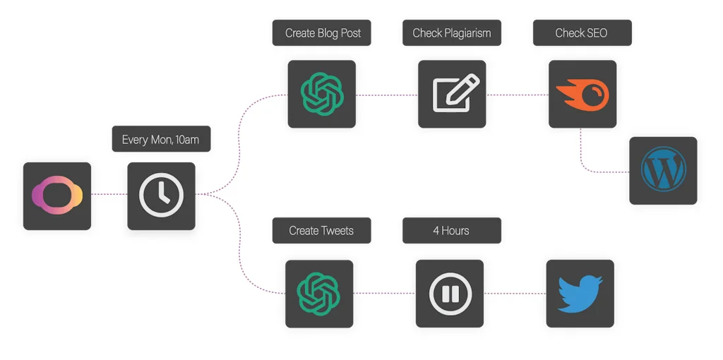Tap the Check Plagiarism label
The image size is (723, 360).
click(x=452, y=33)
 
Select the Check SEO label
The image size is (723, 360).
click(x=582, y=33)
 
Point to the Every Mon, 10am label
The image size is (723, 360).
click(x=161, y=139)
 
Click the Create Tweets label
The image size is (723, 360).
click(x=321, y=231)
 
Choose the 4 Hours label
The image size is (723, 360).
click(x=452, y=231)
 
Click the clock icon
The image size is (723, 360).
click(x=161, y=196)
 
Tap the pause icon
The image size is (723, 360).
click(x=450, y=294)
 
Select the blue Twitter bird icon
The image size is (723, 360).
click(x=580, y=294)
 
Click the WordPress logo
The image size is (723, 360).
click(x=663, y=171)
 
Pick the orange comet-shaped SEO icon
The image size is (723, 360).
click(x=582, y=95)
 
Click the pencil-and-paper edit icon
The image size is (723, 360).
click(x=452, y=95)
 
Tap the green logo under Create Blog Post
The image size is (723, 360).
click(x=321, y=95)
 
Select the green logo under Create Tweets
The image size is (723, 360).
click(x=319, y=294)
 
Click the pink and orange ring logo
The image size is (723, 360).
click(x=57, y=196)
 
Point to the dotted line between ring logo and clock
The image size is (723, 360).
click(x=109, y=194)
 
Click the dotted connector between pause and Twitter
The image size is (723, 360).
click(x=515, y=293)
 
